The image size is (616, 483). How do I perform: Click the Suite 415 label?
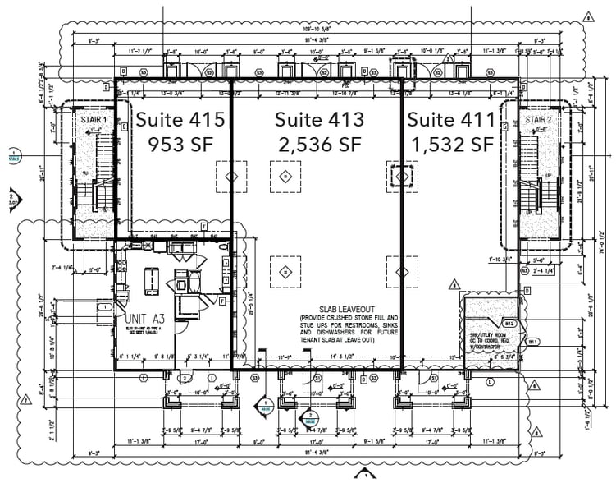click(180, 119)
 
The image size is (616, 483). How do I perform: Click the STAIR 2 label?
click(538, 120)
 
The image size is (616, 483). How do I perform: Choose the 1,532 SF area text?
click(451, 145)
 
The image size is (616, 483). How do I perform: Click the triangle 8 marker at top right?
click(587, 16)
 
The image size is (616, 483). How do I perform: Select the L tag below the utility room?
click(490, 382)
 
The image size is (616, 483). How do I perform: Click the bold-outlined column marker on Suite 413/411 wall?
click(402, 176)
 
